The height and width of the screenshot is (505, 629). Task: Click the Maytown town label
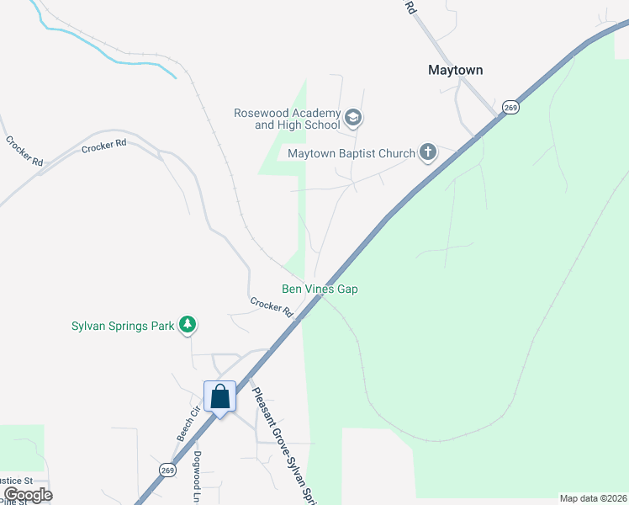click(456, 71)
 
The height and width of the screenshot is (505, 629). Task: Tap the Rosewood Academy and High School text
click(287, 119)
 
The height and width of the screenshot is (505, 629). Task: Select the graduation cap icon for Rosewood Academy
click(353, 118)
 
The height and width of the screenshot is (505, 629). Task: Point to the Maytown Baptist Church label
click(351, 153)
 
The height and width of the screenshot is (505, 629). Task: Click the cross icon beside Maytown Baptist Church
click(428, 152)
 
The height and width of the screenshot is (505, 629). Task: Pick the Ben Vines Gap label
click(320, 289)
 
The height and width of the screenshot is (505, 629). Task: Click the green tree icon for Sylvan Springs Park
click(188, 325)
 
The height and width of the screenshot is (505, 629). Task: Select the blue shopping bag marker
click(219, 396)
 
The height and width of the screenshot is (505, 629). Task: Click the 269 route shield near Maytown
click(510, 108)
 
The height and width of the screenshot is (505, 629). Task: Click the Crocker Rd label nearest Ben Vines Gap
click(271, 307)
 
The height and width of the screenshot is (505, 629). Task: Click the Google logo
click(27, 495)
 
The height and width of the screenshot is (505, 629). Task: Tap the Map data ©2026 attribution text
click(593, 497)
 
